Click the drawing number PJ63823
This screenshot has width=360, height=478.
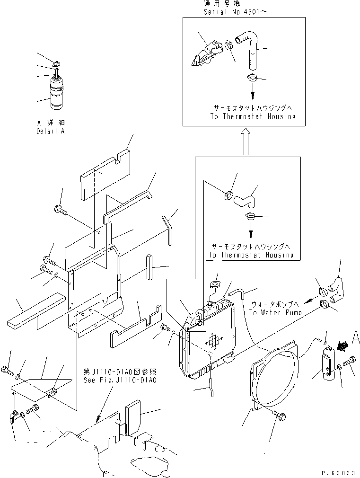pos(338,473)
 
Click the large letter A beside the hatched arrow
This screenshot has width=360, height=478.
pos(355,338)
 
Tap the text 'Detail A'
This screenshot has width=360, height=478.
pos(51,132)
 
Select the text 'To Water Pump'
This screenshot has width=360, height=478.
pos(275,312)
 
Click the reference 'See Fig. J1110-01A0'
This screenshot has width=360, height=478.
pos(120,380)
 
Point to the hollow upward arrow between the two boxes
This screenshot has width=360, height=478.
pos(246,142)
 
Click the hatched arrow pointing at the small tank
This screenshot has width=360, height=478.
pos(342,345)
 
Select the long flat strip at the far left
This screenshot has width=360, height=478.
pos(36,311)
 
